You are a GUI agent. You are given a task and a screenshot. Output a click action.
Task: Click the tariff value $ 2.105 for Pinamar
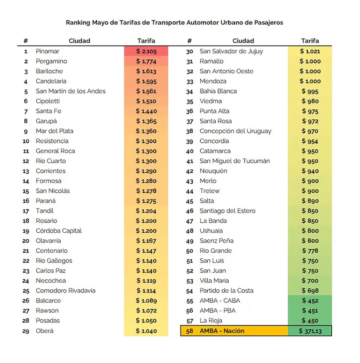146,51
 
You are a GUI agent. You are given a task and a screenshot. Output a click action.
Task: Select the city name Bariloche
49,71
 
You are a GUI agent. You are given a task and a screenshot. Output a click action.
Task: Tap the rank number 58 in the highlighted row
189,331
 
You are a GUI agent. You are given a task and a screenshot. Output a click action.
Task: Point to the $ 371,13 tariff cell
310,331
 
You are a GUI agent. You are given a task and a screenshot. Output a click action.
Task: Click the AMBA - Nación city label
222,331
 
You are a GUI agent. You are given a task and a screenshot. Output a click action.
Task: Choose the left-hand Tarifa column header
146,41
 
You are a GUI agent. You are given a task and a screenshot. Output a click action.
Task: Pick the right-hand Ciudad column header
243,41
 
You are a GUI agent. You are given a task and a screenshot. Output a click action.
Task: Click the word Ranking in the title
78,22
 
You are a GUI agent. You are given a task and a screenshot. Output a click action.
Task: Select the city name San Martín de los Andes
71,91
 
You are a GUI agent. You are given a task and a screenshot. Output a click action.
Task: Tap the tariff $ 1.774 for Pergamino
146,61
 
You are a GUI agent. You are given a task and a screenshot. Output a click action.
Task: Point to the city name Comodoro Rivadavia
65,290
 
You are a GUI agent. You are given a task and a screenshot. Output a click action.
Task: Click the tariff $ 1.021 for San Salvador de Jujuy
310,51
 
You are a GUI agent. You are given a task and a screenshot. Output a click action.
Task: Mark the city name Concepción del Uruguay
235,131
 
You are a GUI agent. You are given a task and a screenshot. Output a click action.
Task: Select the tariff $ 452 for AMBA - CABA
310,301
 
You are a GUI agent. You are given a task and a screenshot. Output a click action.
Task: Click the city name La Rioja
211,321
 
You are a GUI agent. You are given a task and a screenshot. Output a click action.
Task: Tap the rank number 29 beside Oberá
26,331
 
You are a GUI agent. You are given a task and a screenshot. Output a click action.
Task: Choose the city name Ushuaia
211,231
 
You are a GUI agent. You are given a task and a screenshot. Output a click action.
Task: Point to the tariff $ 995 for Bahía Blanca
310,91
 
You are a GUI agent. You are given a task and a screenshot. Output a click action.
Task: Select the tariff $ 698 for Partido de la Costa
310,291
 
